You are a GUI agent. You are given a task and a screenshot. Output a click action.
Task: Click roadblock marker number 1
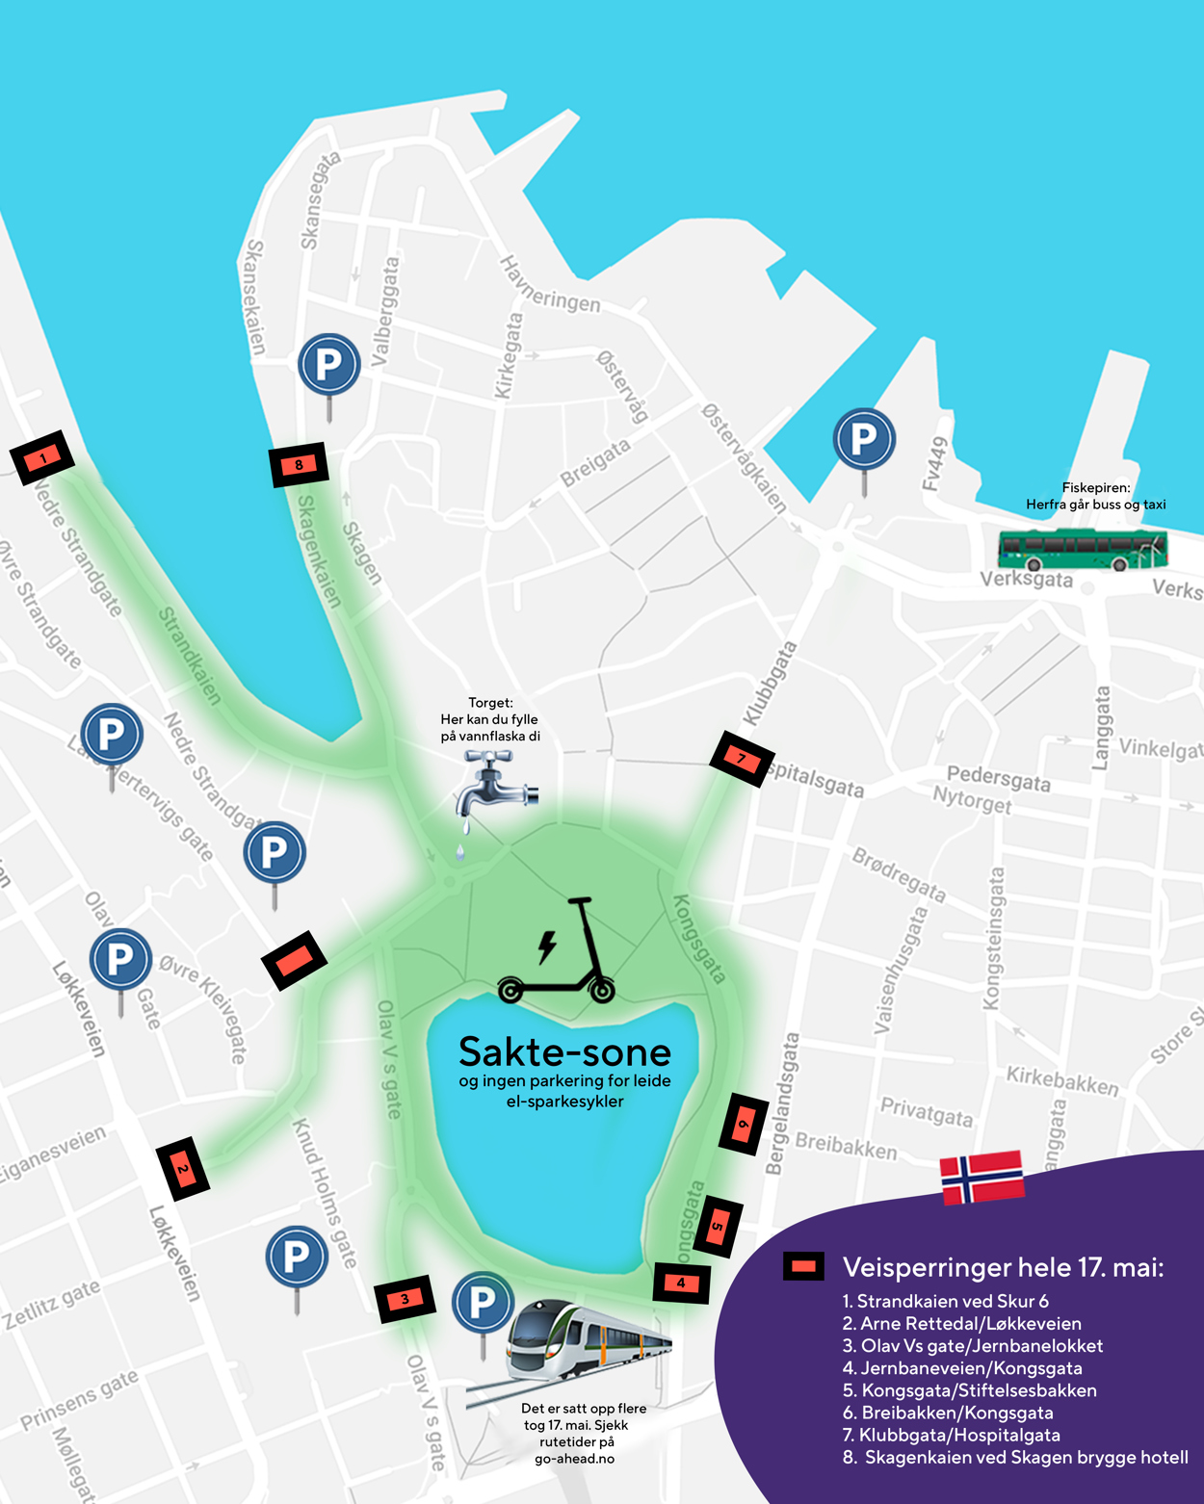[42, 457]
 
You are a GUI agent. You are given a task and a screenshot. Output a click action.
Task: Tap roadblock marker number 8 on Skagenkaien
[299, 465]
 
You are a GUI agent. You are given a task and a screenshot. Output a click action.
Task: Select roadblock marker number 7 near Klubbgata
[742, 759]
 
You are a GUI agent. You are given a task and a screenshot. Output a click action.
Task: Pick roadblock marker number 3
[405, 1299]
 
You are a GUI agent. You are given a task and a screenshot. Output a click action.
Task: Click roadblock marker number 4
[681, 1283]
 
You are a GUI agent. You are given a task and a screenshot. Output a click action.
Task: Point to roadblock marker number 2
[183, 1169]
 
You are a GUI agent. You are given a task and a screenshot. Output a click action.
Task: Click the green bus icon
[1083, 550]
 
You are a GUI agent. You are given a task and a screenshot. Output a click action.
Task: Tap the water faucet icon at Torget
[494, 788]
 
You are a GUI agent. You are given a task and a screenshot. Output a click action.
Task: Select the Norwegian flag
[982, 1176]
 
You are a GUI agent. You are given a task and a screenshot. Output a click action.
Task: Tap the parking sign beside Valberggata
[329, 366]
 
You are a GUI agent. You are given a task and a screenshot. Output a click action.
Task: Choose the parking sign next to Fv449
[864, 440]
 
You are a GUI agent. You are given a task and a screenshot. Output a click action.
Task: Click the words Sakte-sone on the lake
[564, 1052]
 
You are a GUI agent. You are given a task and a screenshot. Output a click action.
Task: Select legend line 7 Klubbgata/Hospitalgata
[959, 1435]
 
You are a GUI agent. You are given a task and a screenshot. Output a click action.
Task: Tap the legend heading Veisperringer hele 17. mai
[1003, 1267]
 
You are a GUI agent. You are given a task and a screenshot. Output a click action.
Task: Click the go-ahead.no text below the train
[574, 1458]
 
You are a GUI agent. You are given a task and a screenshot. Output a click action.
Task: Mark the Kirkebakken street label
[1062, 1080]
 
